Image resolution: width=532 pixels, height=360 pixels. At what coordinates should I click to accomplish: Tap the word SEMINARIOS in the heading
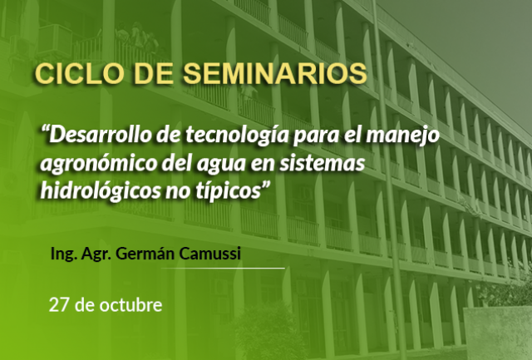[275, 74]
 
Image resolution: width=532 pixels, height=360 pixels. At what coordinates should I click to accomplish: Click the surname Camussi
[209, 254]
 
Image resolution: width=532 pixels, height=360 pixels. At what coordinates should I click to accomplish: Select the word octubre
[131, 304]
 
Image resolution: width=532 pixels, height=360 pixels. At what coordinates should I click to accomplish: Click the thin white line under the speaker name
[223, 268]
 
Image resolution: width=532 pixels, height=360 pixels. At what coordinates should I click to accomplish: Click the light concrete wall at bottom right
[497, 333]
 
